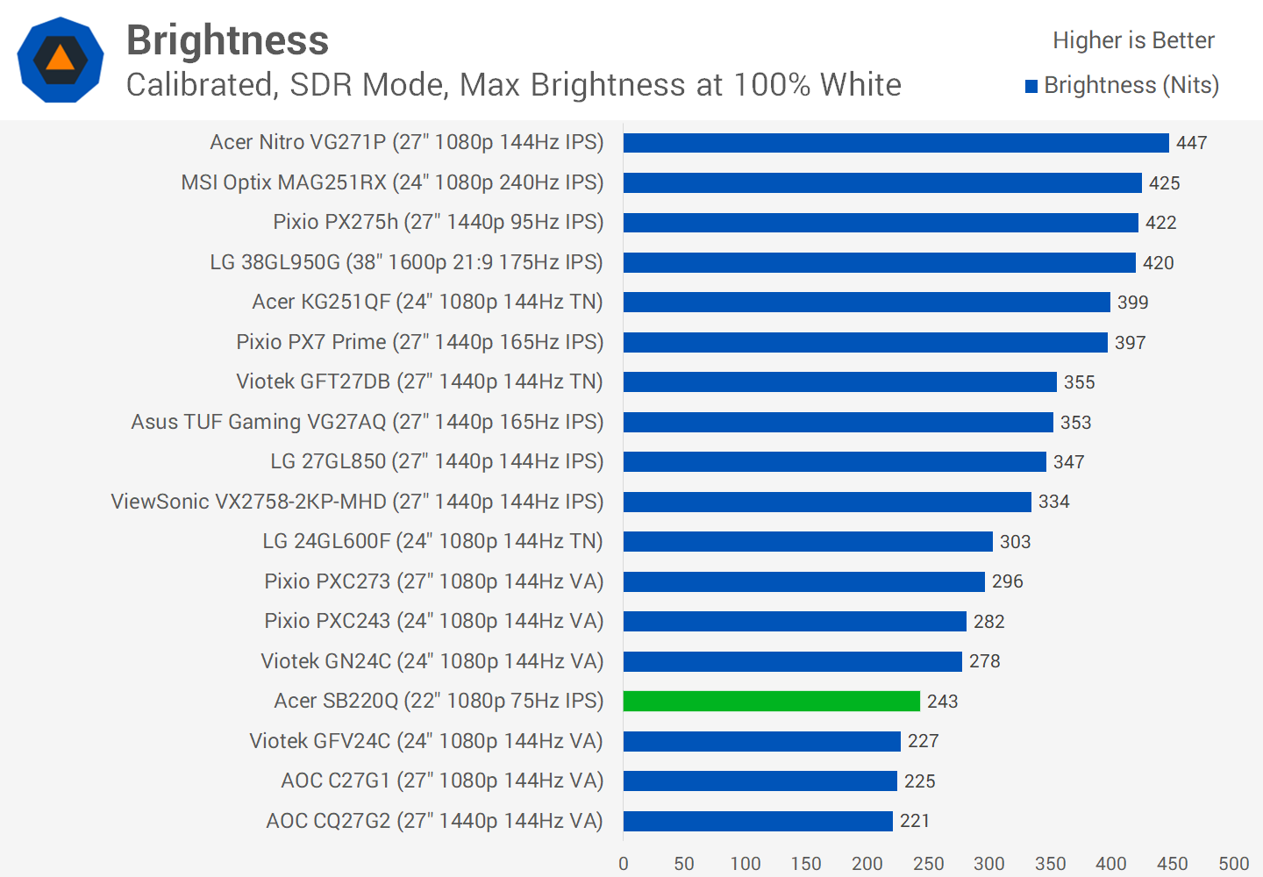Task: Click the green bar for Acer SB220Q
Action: [772, 701]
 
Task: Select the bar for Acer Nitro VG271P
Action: [896, 142]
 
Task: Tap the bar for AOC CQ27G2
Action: [758, 821]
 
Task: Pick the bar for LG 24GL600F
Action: [808, 541]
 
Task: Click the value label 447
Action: [1191, 143]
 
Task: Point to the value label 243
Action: [942, 702]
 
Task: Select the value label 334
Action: [1053, 502]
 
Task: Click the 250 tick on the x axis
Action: [928, 863]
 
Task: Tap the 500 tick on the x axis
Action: [1233, 863]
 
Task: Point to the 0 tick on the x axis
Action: [624, 863]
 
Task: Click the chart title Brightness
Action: [227, 40]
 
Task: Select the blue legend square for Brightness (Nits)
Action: [1031, 86]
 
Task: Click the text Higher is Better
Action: [1133, 40]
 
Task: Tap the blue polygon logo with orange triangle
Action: [61, 60]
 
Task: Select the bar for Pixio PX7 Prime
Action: [865, 342]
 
